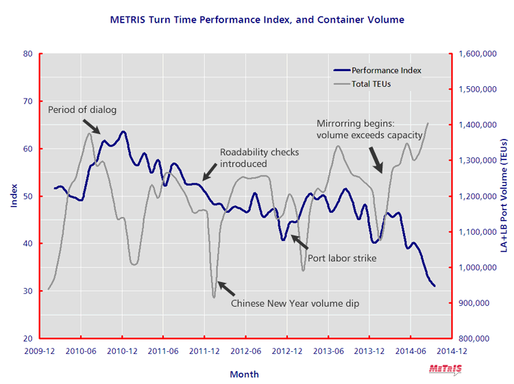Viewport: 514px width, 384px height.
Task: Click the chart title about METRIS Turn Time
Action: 257,20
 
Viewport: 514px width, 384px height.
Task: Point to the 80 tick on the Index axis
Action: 28,53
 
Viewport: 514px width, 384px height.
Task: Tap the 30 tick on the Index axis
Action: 28,291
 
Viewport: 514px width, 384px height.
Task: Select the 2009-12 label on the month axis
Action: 40,350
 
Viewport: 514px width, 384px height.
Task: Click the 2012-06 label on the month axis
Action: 245,350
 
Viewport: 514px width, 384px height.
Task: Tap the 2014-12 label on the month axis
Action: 451,350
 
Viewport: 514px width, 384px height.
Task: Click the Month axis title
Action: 244,374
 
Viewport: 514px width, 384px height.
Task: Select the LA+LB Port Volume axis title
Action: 503,196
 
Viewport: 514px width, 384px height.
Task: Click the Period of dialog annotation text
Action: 82,110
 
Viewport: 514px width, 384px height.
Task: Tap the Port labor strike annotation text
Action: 343,258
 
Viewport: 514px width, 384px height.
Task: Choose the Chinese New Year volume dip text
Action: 295,303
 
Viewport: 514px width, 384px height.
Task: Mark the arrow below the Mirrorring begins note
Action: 376,159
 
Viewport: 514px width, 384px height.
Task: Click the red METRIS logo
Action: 445,369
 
